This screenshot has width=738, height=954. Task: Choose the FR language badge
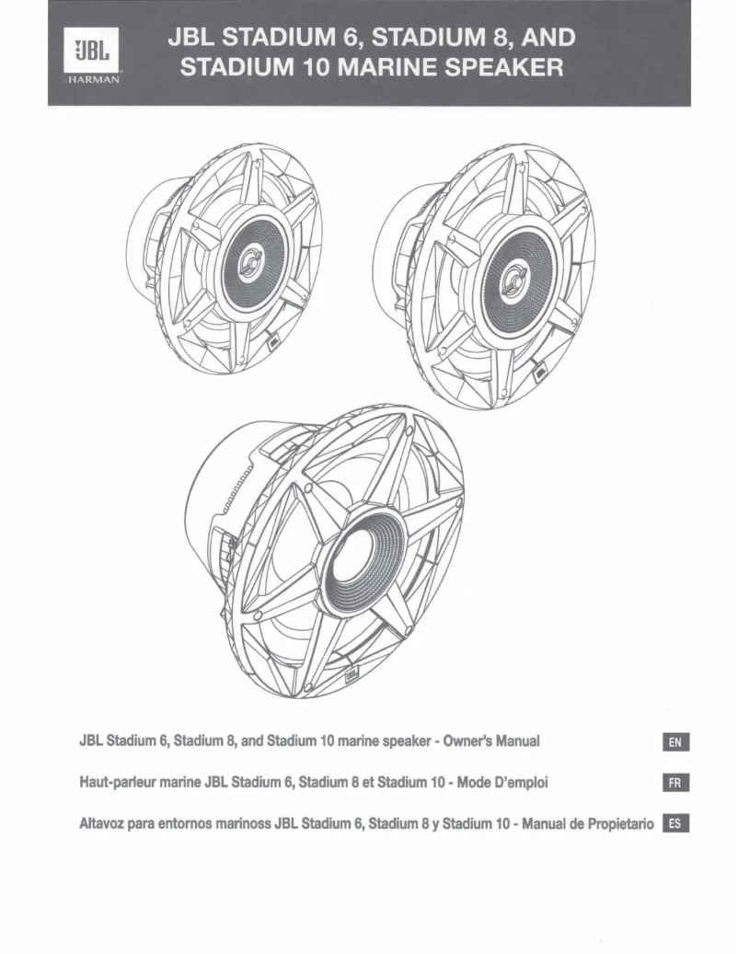point(676,783)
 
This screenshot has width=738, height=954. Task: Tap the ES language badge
point(676,823)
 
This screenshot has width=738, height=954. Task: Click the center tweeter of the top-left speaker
point(249,267)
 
